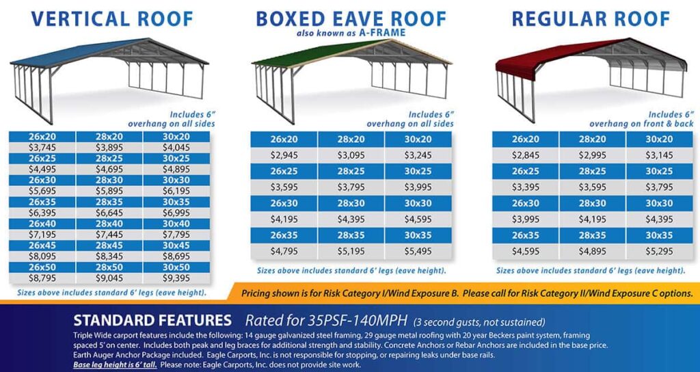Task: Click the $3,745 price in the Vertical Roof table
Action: coord(42,147)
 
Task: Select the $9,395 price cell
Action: coord(176,278)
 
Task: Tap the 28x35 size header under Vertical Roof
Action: coord(109,203)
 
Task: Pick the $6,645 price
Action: coord(109,213)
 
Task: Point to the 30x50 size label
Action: coord(176,269)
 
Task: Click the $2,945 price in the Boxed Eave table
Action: coord(284,155)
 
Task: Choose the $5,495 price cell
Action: coord(418,251)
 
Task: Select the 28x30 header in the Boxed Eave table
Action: coord(351,203)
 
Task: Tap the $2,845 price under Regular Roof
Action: coord(526,155)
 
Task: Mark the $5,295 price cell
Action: coord(660,251)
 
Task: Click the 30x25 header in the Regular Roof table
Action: coord(660,171)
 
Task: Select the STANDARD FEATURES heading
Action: coord(152,319)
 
